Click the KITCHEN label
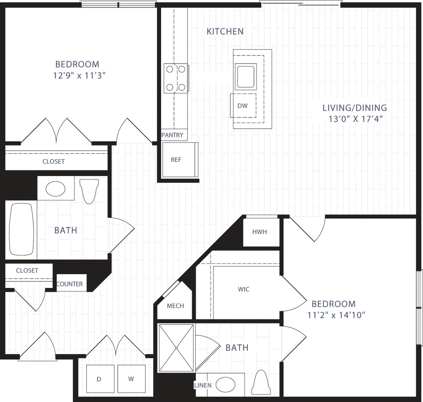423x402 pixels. (x=225, y=31)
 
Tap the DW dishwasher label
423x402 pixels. (x=242, y=106)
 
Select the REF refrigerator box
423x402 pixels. (x=180, y=160)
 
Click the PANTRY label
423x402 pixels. (x=172, y=135)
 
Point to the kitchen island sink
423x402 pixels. (x=245, y=76)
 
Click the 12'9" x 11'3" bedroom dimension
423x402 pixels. (x=79, y=76)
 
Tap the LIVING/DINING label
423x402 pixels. (x=355, y=108)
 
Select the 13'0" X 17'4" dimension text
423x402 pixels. (x=356, y=119)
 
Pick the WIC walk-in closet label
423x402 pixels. (x=244, y=289)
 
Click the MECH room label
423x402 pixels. (x=175, y=306)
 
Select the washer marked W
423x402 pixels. (x=131, y=379)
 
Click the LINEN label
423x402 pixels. (x=203, y=385)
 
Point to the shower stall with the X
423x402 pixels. (x=176, y=348)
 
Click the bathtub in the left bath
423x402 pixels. (x=21, y=229)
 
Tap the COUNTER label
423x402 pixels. (x=69, y=284)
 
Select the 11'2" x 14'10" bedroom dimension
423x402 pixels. (x=336, y=315)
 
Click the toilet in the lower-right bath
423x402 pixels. (x=261, y=382)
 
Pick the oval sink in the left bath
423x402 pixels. (x=56, y=188)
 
